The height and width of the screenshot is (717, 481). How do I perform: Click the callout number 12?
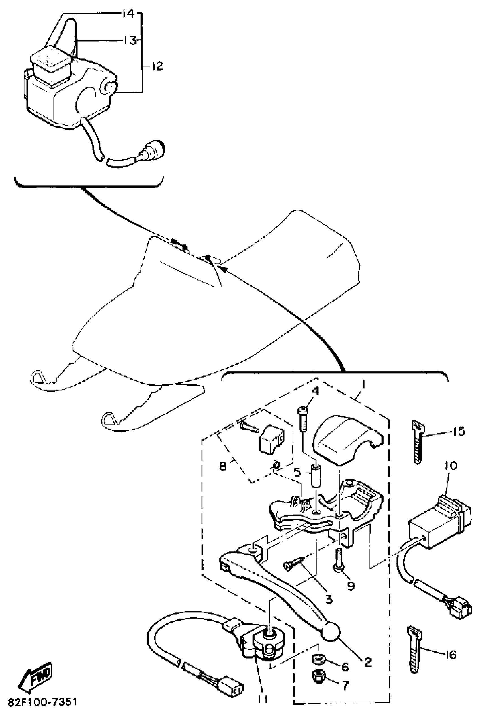157,66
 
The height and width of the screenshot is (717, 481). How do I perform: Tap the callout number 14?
128,14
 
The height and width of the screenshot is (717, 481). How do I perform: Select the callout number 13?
130,40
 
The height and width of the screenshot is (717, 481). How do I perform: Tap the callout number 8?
223,466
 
